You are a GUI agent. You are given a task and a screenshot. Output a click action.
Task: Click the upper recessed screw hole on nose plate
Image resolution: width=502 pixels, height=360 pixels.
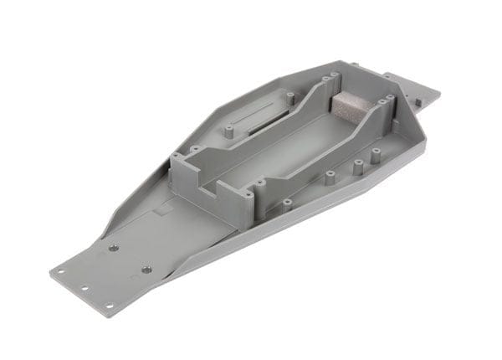pyautogui.click(x=112, y=248)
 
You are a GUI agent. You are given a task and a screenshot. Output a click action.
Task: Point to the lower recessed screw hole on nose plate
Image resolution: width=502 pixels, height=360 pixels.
pyautogui.click(x=146, y=269)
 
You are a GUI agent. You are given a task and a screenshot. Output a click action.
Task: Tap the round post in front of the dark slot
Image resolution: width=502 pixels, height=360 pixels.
pyautogui.click(x=228, y=132)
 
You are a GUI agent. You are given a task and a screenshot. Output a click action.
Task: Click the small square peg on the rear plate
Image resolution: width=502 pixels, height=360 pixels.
pyautogui.click(x=416, y=101)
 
